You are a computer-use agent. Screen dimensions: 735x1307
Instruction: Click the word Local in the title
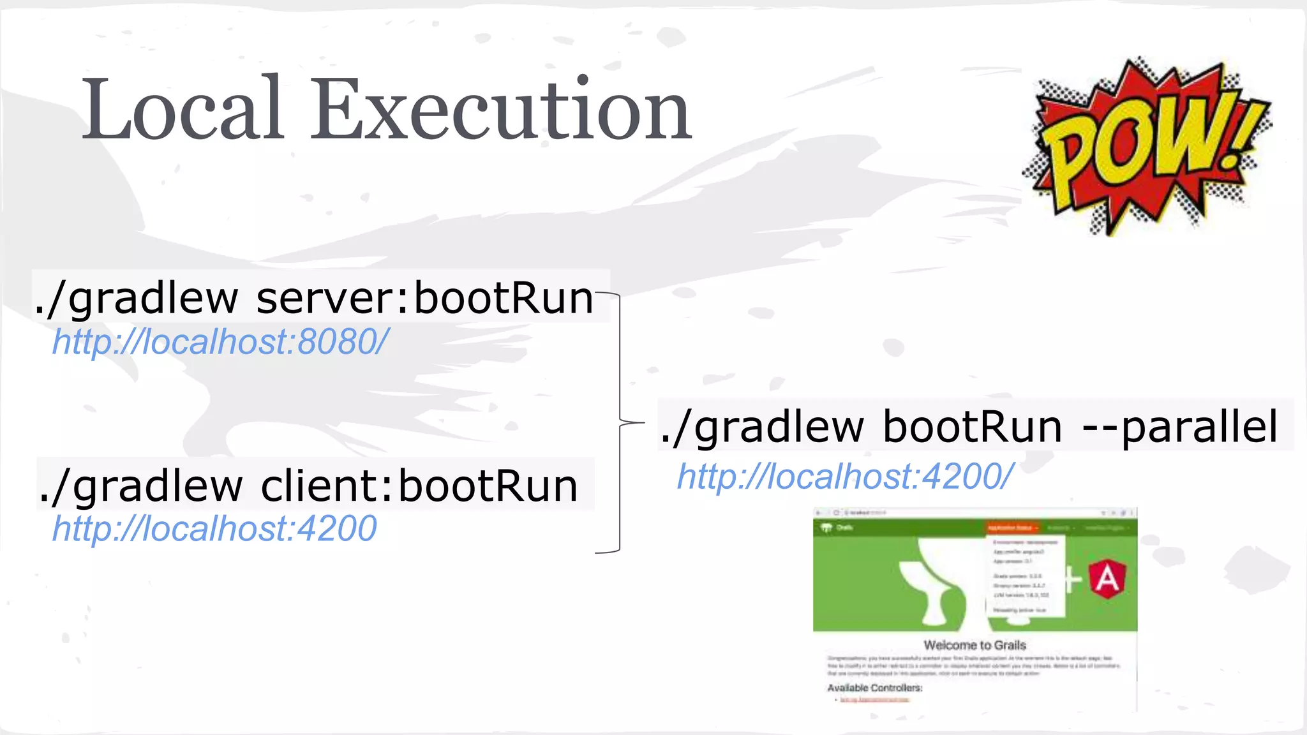(183, 110)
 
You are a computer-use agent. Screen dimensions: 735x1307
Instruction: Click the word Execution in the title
(500, 110)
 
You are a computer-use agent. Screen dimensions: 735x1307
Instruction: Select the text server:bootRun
(424, 298)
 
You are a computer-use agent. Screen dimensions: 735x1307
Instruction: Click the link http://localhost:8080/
(220, 342)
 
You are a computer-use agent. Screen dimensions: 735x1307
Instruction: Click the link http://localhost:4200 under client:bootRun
(214, 529)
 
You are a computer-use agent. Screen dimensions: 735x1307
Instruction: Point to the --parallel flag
(1181, 426)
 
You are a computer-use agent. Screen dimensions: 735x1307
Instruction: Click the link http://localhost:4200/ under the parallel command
(845, 477)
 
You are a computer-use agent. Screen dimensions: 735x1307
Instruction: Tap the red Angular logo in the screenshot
(1107, 579)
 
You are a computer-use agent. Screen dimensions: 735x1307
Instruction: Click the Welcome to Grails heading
(975, 645)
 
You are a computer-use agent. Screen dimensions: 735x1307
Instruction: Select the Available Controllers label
(874, 688)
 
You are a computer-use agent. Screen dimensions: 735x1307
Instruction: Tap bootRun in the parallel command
(973, 426)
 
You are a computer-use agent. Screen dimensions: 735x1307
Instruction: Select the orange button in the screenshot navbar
(1012, 528)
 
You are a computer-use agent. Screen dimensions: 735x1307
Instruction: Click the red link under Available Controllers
(874, 700)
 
